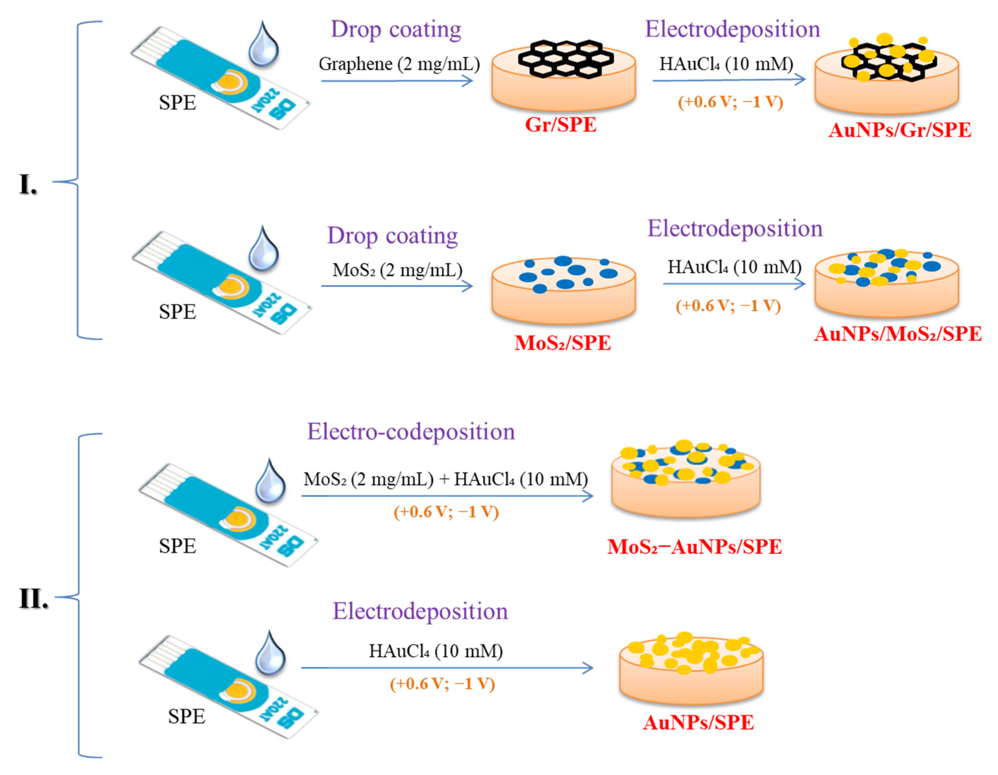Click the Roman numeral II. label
pyautogui.click(x=33, y=598)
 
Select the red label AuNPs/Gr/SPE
pyautogui.click(x=899, y=130)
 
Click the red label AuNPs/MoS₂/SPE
pyautogui.click(x=898, y=334)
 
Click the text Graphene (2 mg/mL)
pyautogui.click(x=399, y=64)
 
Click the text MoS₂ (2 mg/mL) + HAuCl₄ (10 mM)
pyautogui.click(x=446, y=479)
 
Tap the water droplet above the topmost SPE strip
pyautogui.click(x=264, y=44)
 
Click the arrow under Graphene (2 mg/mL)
pyautogui.click(x=397, y=81)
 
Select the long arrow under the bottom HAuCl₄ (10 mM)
pyautogui.click(x=447, y=668)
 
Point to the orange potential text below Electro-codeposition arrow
pyautogui.click(x=446, y=511)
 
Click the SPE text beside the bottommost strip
pyautogui.click(x=186, y=716)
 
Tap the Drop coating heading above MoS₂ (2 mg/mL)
pyautogui.click(x=392, y=236)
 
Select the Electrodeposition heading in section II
pyautogui.click(x=420, y=611)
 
